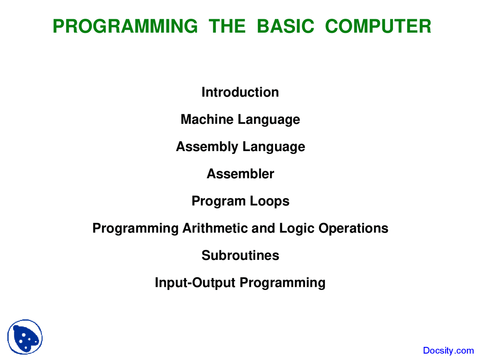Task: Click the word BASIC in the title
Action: click(285, 26)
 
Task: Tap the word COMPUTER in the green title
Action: click(378, 26)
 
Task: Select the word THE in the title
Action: click(227, 26)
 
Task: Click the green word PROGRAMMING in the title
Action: click(125, 26)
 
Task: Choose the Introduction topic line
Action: click(240, 92)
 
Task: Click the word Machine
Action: click(207, 120)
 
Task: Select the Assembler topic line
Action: click(240, 174)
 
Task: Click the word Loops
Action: click(270, 201)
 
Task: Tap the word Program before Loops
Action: click(218, 201)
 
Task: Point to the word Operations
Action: click(353, 228)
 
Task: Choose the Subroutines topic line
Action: click(240, 255)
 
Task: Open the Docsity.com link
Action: click(448, 351)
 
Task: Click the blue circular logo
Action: click(25, 337)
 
